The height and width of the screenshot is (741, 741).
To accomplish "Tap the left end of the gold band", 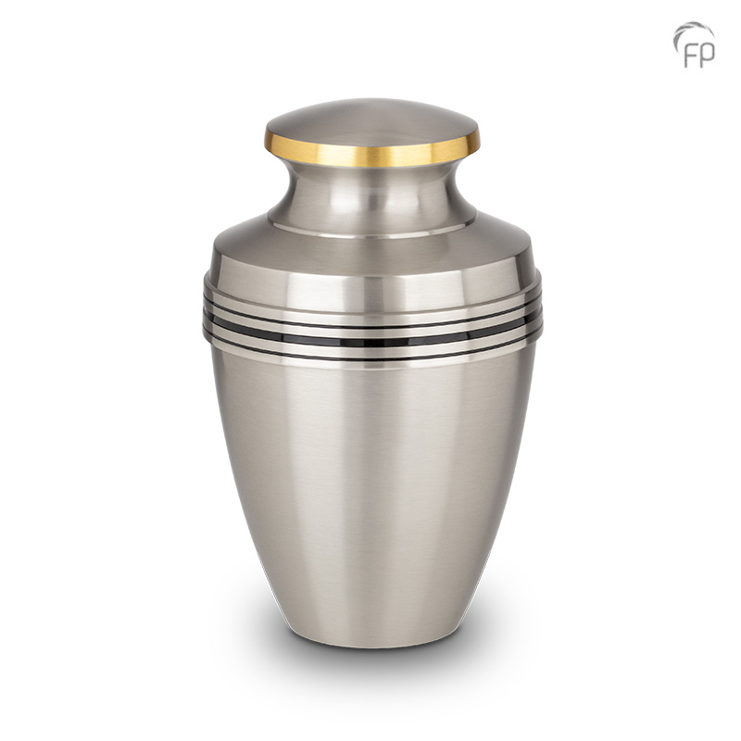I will coord(270,141).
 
